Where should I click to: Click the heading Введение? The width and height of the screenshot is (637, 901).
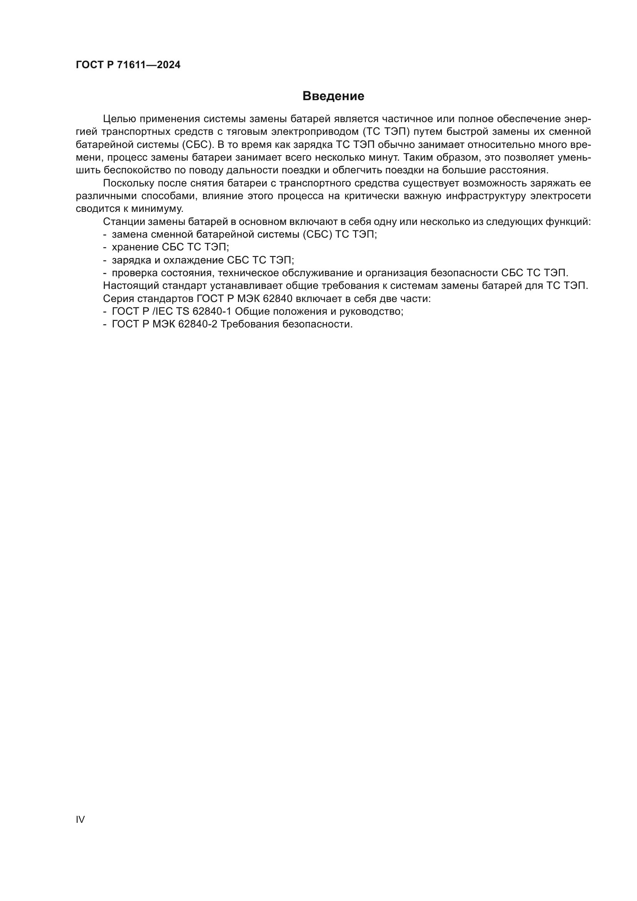(x=333, y=96)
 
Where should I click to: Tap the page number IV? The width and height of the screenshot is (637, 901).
(x=80, y=819)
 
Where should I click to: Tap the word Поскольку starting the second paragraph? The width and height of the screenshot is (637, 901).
(x=128, y=183)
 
